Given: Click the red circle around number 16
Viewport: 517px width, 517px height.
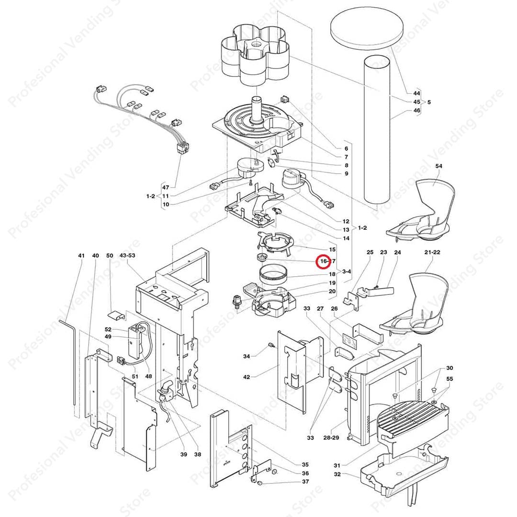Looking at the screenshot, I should coord(325,261).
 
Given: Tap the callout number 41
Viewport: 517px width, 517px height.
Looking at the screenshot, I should coord(81,256).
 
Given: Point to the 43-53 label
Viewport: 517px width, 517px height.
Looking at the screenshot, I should coord(127,256).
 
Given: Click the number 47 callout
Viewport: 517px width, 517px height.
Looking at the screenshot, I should coord(166,187).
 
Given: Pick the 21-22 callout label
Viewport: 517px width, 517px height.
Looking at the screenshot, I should coord(432,252).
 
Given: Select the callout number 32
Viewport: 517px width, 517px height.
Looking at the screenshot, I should coord(337,474).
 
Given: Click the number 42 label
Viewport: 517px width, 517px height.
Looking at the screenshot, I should coord(247,377).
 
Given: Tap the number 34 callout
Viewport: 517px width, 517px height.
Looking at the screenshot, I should coord(247,356).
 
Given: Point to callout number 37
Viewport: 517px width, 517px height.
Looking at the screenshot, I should coord(305,482).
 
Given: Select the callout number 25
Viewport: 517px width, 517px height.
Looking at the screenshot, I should coord(370,252).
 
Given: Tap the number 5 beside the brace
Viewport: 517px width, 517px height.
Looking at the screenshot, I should coord(429,102).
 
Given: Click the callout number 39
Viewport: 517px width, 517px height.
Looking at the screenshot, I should coord(183,454).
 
